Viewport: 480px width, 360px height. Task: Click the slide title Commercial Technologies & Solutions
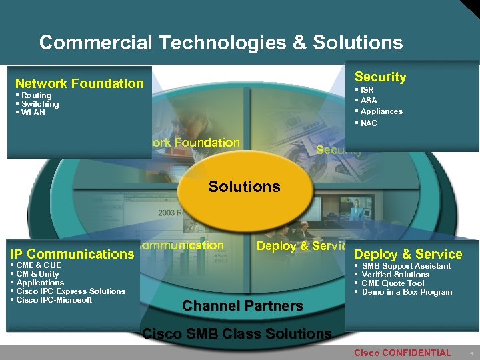(x=221, y=43)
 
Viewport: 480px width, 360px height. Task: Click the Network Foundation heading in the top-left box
(x=79, y=83)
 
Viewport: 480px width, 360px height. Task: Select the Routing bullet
(x=36, y=95)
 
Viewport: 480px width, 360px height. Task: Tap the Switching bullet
(x=40, y=104)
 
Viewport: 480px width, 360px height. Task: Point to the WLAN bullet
(x=33, y=113)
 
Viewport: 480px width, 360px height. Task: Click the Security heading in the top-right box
(x=380, y=77)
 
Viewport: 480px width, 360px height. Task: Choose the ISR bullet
(x=367, y=89)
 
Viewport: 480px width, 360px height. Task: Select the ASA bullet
(x=369, y=100)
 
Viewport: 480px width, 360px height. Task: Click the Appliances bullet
(x=381, y=111)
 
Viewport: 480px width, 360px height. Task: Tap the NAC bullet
(x=369, y=123)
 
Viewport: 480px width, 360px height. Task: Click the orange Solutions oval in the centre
(x=244, y=186)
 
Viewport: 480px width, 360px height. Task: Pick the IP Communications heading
(x=72, y=254)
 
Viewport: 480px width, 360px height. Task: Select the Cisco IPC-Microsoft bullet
(x=54, y=300)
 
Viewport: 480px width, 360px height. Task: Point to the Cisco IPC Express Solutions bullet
(x=71, y=291)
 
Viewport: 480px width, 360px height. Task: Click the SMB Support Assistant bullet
(x=406, y=266)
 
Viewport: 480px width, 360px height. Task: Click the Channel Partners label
(x=243, y=306)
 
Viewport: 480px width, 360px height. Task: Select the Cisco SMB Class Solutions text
(x=237, y=333)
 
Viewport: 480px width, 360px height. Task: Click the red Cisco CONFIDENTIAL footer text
(x=402, y=353)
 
